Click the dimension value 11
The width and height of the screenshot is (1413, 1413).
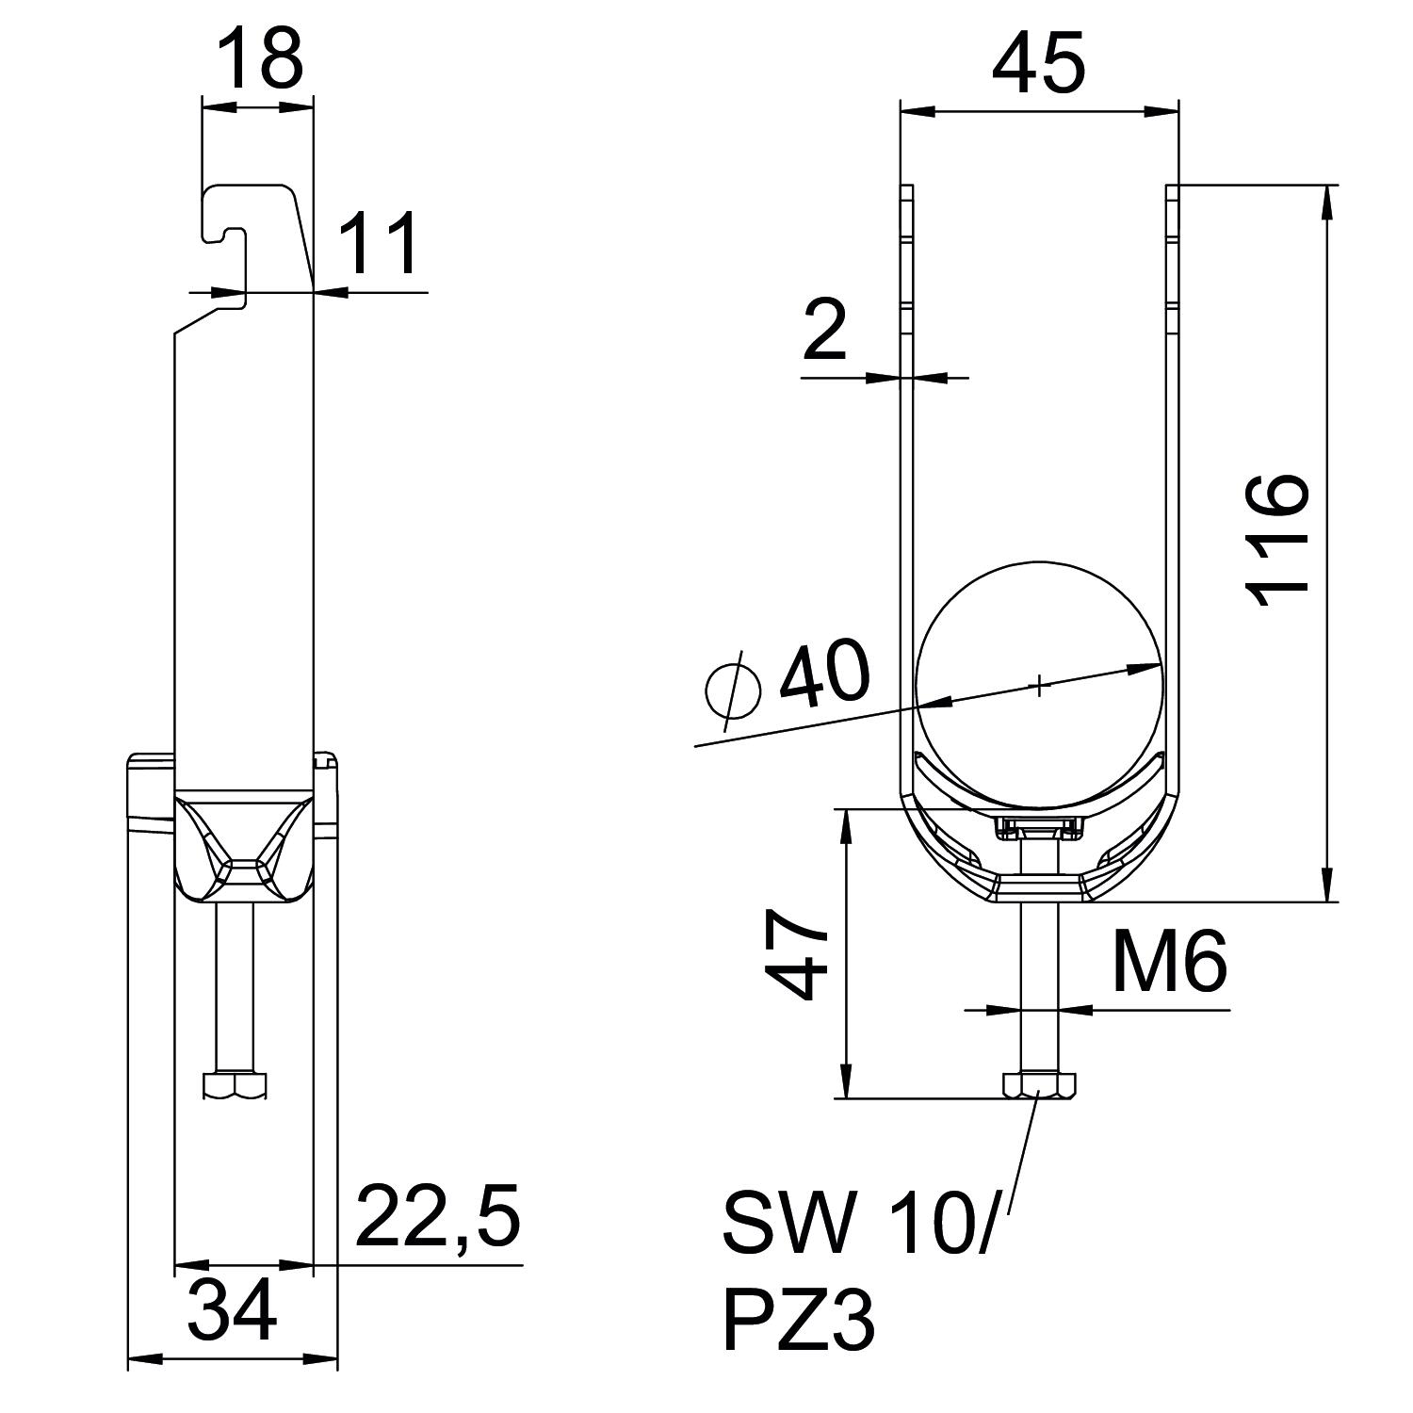click(x=379, y=243)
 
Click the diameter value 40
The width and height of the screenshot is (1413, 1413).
click(x=824, y=674)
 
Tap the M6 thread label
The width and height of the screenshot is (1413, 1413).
click(x=1169, y=963)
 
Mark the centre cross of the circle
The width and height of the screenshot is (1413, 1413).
click(x=1039, y=685)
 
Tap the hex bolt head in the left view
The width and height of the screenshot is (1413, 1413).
click(x=235, y=1085)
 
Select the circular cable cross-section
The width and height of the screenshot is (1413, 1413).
click(x=1039, y=641)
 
